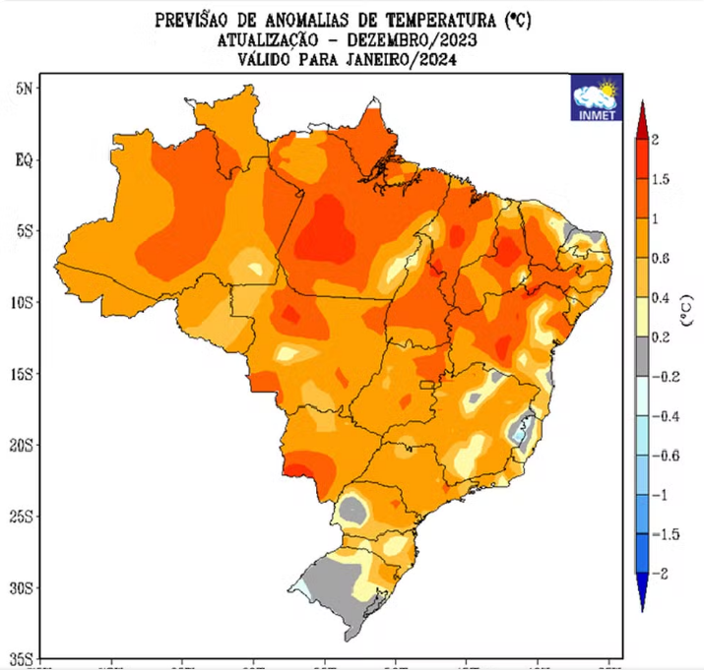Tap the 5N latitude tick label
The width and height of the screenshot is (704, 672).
[x=24, y=88]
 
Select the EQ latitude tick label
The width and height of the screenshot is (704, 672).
[x=24, y=159]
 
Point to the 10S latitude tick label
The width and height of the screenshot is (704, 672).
[x=21, y=302]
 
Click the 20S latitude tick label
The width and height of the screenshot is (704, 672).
[x=21, y=445]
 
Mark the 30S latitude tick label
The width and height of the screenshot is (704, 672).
[x=21, y=587]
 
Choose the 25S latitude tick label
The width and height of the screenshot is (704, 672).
[x=21, y=516]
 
